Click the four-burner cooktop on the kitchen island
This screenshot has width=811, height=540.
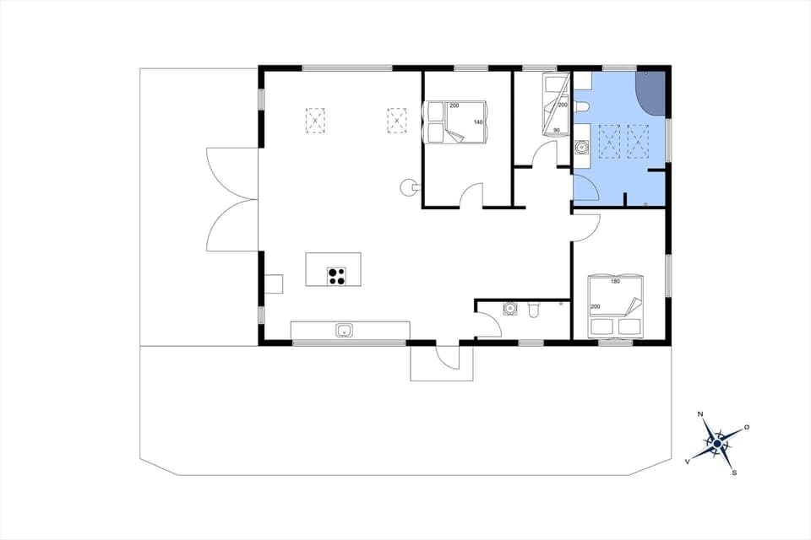[x=337, y=276]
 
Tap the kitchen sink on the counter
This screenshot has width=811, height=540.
[x=344, y=330]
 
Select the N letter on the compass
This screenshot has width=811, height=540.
[x=700, y=414]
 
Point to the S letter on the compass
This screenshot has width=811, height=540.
[x=734, y=472]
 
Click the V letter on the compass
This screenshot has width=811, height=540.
[x=688, y=462]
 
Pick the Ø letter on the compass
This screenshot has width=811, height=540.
[x=747, y=428]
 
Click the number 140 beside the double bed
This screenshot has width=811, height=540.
[x=478, y=123]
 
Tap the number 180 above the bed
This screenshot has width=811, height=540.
[x=615, y=281]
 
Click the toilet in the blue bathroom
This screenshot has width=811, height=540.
[x=581, y=106]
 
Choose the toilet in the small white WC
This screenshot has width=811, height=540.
[x=533, y=310]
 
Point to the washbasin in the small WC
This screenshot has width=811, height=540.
[x=509, y=309]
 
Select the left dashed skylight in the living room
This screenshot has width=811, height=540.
[x=315, y=121]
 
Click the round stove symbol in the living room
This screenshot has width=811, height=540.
[x=406, y=186]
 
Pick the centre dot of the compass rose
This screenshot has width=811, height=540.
[x=717, y=442]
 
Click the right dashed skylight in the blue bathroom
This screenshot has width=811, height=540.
[x=640, y=139]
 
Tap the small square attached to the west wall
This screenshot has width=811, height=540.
[x=273, y=283]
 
